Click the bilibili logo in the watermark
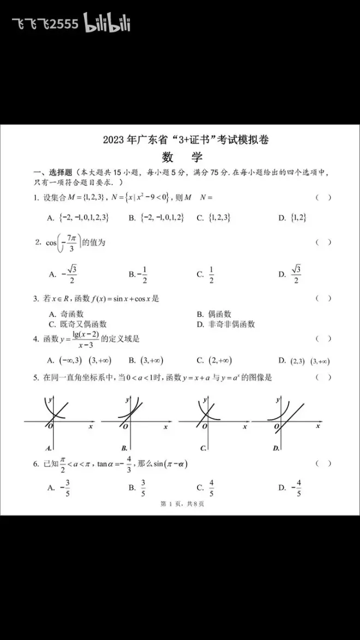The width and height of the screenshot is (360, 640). click(x=107, y=23)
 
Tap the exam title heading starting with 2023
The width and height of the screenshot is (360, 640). click(x=185, y=140)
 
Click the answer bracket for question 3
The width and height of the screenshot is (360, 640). click(x=323, y=298)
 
